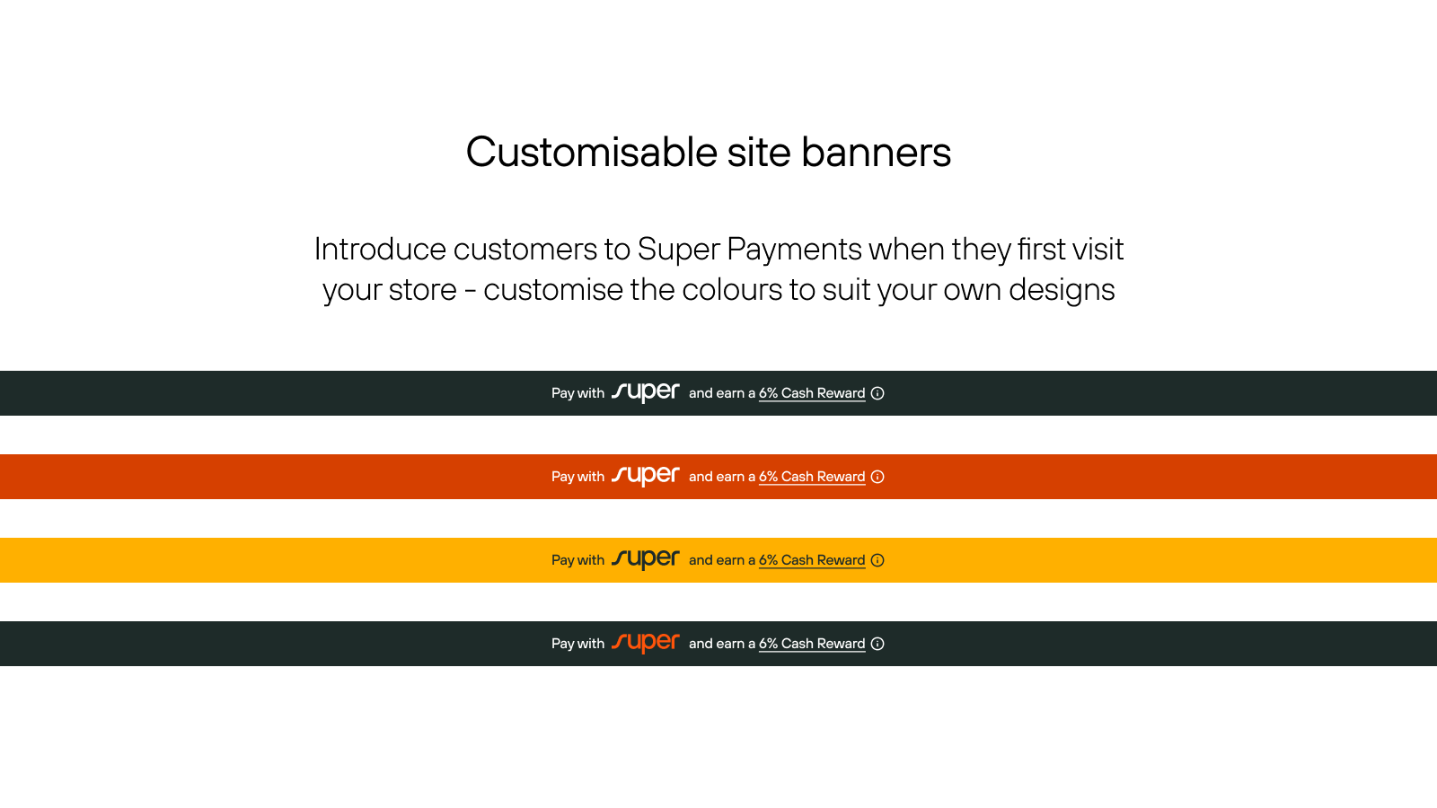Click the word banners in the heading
pyautogui.click(x=876, y=152)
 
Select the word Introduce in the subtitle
pyautogui.click(x=380, y=249)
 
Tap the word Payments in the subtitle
pyautogui.click(x=794, y=249)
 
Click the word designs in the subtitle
pyautogui.click(x=1062, y=289)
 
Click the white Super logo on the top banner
pyautogui.click(x=645, y=392)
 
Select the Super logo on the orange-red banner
pyautogui.click(x=645, y=476)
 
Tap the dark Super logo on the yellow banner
pyautogui.click(x=645, y=559)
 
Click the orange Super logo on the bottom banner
pyautogui.click(x=645, y=643)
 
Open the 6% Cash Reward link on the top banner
pyautogui.click(x=812, y=393)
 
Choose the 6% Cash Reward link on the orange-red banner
pyautogui.click(x=812, y=477)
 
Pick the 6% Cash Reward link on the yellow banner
pyautogui.click(x=812, y=560)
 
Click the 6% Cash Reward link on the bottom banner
pyautogui.click(x=812, y=644)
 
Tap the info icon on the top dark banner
pyautogui.click(x=877, y=393)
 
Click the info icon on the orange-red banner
pyautogui.click(x=877, y=477)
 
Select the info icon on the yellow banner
pyautogui.click(x=877, y=560)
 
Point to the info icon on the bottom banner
pyautogui.click(x=877, y=644)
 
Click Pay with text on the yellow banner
pyautogui.click(x=577, y=560)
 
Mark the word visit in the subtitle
pyautogui.click(x=1098, y=249)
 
